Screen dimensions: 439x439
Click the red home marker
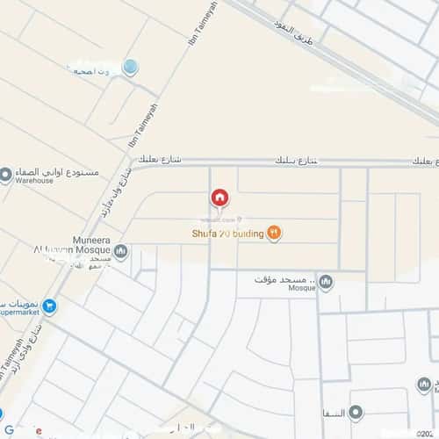[219, 198]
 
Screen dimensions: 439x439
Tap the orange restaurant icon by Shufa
[275, 232]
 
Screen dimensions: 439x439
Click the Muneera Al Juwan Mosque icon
[120, 253]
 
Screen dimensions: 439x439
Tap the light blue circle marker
[130, 66]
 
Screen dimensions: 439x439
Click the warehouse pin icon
[6, 175]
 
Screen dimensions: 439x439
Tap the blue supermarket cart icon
[49, 306]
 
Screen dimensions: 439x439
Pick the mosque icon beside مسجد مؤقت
[326, 282]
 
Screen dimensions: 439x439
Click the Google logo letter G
[10, 430]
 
